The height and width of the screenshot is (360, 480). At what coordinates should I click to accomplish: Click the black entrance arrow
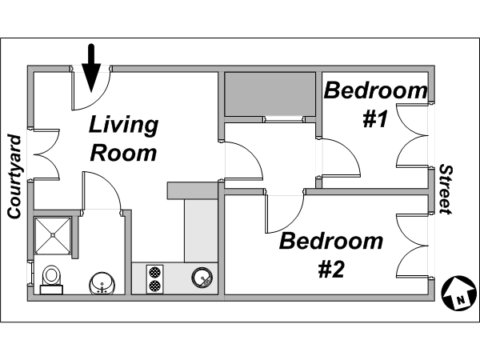point(91,68)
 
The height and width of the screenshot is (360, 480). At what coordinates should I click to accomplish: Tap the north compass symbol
point(458,293)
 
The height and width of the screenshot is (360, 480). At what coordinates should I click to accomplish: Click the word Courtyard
point(14,177)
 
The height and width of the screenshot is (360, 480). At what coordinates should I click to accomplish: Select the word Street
point(446,189)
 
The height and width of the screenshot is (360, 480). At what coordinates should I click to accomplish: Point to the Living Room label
point(124,138)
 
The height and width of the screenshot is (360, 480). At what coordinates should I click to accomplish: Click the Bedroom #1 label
point(376,104)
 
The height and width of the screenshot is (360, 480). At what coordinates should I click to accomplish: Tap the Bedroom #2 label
point(331,254)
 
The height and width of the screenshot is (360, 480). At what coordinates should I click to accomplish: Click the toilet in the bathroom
point(51,280)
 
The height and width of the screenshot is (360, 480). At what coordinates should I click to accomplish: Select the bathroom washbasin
point(102,283)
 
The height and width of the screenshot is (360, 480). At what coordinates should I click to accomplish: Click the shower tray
point(53,235)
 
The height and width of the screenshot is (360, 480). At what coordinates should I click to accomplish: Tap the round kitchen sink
point(202,278)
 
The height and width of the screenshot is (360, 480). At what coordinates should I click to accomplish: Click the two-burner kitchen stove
point(154,279)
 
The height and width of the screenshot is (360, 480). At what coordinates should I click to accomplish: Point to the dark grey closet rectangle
point(270,94)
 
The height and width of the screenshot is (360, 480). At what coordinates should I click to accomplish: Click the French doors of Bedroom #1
point(412,135)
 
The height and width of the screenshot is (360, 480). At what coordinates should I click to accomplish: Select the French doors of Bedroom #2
point(412,246)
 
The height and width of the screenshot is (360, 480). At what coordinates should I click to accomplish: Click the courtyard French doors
point(46,154)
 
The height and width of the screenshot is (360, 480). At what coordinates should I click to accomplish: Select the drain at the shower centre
point(53,235)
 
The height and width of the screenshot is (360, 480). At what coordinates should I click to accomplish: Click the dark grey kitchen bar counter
point(192,190)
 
